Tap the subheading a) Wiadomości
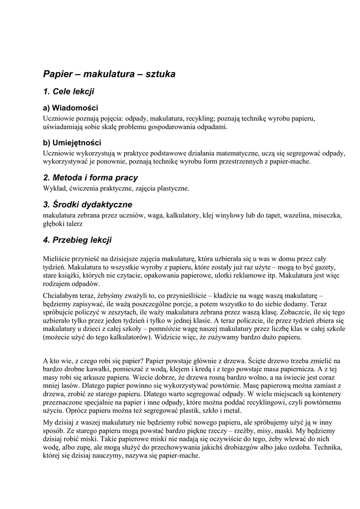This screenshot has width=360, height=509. [71, 108]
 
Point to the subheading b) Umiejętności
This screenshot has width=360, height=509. [72, 143]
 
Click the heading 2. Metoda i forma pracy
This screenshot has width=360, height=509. [90, 177]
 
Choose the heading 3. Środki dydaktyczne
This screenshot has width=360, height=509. [88, 204]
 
